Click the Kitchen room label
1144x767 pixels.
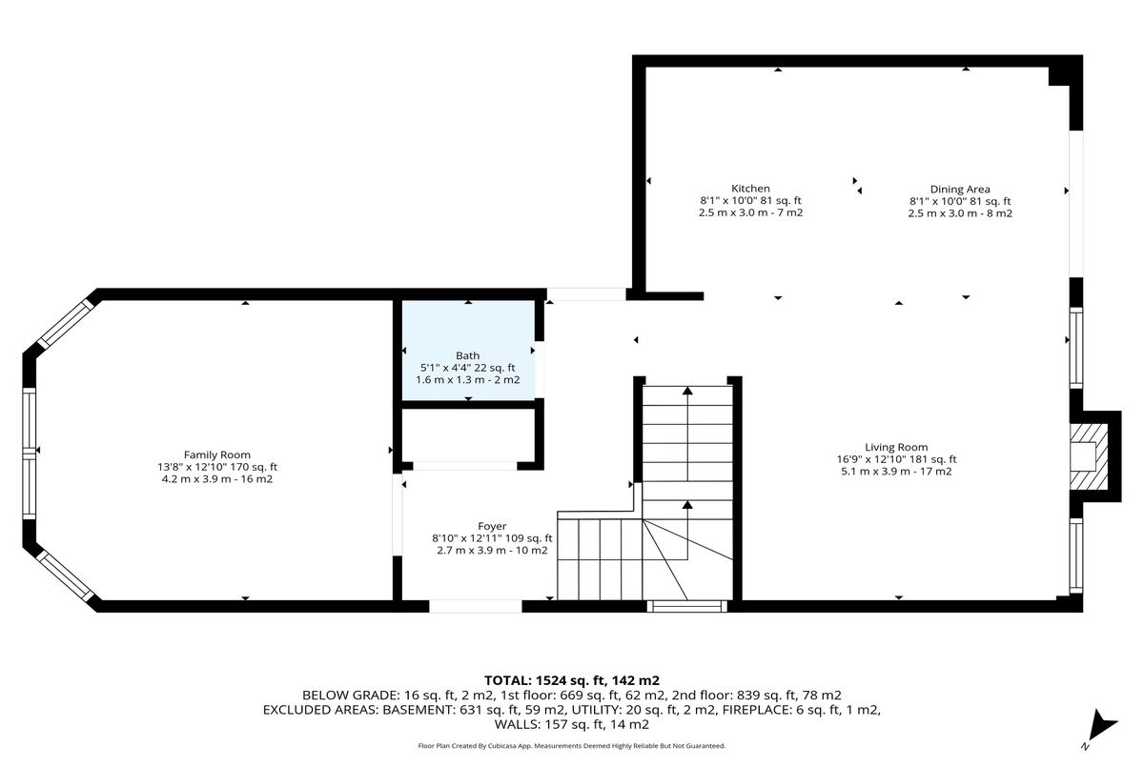point(750,189)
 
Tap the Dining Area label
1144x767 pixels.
point(960,190)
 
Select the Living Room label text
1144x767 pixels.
point(896,447)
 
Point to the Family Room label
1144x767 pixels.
point(217,454)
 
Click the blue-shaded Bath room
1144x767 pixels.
point(468,350)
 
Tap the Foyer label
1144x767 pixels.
point(492,526)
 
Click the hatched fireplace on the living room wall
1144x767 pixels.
point(1089,456)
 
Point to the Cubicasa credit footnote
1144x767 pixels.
point(571,746)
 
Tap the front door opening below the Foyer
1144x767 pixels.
point(476,606)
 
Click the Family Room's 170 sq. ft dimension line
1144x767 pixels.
point(217,467)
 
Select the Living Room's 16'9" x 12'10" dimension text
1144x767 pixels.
point(896,459)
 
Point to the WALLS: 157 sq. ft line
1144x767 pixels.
point(571,724)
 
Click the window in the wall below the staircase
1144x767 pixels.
point(687,606)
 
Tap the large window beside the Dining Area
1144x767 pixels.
point(1076,204)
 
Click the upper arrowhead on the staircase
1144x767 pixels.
point(688,391)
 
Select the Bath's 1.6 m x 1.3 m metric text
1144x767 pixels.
point(468,379)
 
